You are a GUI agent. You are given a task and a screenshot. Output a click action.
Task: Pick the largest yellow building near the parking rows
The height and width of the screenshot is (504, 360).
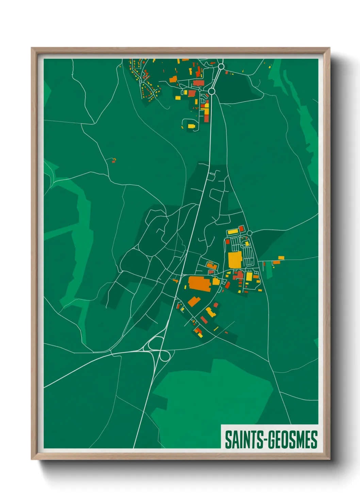click(235, 260)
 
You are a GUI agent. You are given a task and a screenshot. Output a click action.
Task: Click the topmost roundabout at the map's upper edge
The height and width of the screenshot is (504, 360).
click(221, 66)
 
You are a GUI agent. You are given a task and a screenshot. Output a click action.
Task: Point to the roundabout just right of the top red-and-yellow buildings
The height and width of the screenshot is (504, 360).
click(211, 91)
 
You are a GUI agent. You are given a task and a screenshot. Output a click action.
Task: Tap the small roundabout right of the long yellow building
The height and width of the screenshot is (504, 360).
click(249, 233)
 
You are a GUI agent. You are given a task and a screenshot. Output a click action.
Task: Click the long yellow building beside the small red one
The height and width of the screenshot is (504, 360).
click(233, 232)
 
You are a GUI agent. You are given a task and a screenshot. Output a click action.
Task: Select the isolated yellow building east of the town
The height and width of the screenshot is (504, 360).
click(281, 258)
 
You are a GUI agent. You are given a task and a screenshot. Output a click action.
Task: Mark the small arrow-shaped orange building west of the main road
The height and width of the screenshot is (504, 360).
click(176, 281)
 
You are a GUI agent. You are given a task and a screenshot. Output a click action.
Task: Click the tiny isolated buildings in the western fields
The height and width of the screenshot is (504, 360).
click(114, 160)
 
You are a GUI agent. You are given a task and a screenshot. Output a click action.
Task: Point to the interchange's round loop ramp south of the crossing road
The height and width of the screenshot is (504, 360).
click(165, 356)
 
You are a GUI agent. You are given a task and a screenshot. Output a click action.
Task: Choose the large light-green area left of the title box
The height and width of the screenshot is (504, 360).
click(211, 402)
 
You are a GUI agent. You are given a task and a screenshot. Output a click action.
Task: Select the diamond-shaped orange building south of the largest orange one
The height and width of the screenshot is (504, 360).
click(194, 301)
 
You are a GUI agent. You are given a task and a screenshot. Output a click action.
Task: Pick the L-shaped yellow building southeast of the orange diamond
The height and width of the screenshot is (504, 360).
click(210, 312)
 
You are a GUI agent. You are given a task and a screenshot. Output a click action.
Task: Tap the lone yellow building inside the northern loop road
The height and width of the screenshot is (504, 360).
click(191, 126)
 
